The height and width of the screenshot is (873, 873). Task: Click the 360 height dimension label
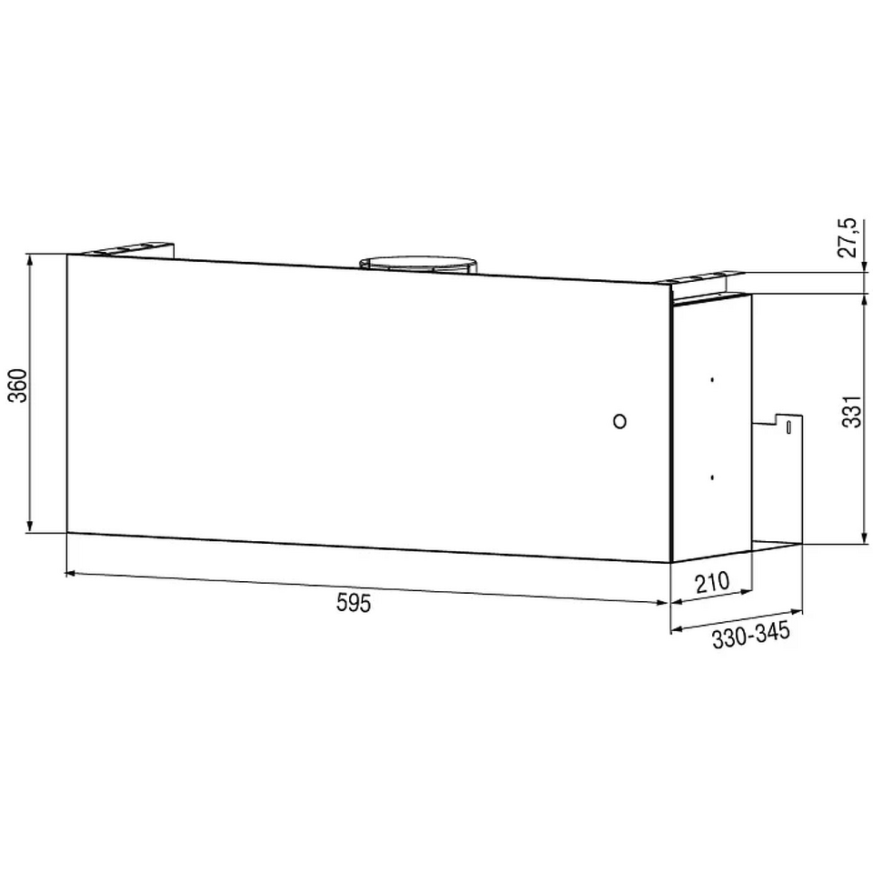click(x=18, y=386)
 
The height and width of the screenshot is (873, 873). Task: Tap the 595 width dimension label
click(x=354, y=602)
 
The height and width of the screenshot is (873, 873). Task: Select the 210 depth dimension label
click(x=712, y=582)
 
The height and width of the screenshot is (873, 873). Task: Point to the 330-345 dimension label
click(x=751, y=636)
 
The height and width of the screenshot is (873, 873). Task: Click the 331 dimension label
click(x=851, y=411)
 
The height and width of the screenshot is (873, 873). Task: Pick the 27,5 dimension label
click(x=850, y=237)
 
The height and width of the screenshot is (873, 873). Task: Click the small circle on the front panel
click(x=619, y=421)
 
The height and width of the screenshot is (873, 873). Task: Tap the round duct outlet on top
click(x=418, y=264)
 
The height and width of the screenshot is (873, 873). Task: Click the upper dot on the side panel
click(x=712, y=380)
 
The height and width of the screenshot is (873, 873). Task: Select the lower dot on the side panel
click(x=712, y=477)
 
